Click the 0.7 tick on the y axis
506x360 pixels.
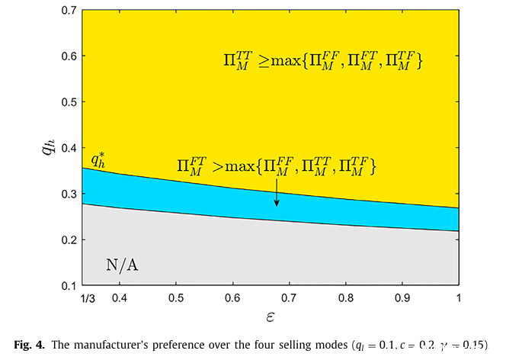pyautogui.click(x=68, y=11)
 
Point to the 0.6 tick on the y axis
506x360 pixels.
pyautogui.click(x=68, y=56)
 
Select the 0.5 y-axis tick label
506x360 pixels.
pyautogui.click(x=68, y=102)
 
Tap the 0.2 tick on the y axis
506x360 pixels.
pyautogui.click(x=68, y=239)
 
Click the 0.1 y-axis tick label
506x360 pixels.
pyautogui.click(x=68, y=285)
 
